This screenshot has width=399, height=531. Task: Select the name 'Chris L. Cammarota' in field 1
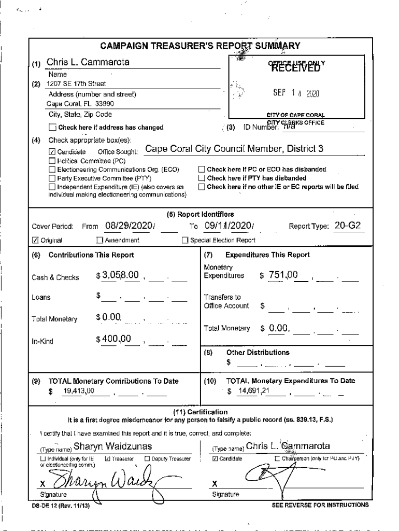tap(88, 63)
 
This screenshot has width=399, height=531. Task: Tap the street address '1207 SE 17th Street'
tap(76, 83)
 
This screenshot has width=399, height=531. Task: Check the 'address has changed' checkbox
tap(52, 127)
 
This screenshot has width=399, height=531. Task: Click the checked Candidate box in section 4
tap(52, 152)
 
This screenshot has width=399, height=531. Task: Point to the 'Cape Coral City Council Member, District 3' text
tap(234, 149)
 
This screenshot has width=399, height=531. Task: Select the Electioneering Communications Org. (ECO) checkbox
tap(52, 170)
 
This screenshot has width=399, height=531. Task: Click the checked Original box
tap(35, 241)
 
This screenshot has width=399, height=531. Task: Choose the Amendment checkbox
tap(100, 241)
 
